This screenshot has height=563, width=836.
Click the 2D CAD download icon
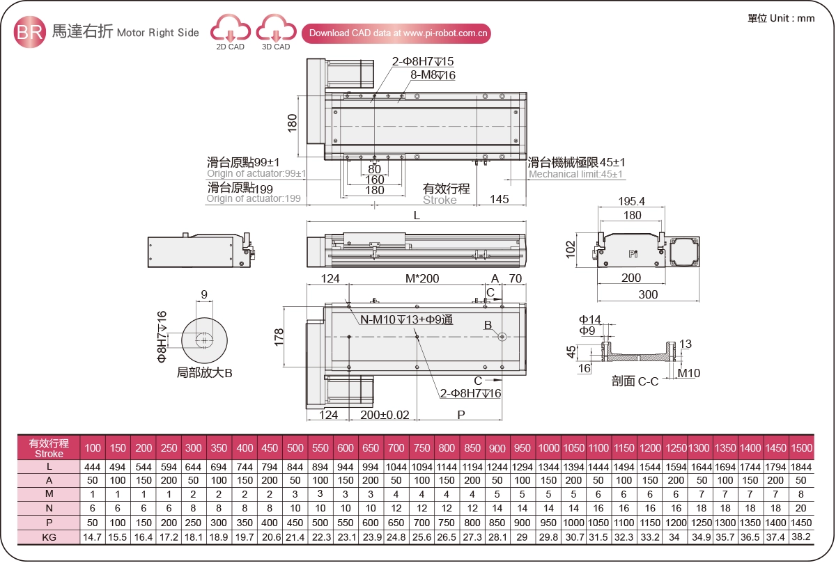(230, 31)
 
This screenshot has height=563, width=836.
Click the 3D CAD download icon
(276, 31)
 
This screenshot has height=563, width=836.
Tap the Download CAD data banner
(396, 33)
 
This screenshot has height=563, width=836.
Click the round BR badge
(30, 32)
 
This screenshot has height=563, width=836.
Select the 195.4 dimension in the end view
(632, 202)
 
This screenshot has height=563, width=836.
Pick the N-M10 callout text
(406, 319)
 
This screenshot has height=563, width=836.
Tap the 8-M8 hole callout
(433, 75)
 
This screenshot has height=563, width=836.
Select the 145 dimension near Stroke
(499, 199)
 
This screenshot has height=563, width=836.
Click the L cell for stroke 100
(93, 467)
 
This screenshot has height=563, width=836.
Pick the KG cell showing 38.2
(801, 537)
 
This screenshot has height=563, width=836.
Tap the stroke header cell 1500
(801, 448)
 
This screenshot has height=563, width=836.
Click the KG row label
(49, 537)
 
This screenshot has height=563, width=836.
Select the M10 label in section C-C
(689, 374)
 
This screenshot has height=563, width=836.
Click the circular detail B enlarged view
(205, 339)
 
